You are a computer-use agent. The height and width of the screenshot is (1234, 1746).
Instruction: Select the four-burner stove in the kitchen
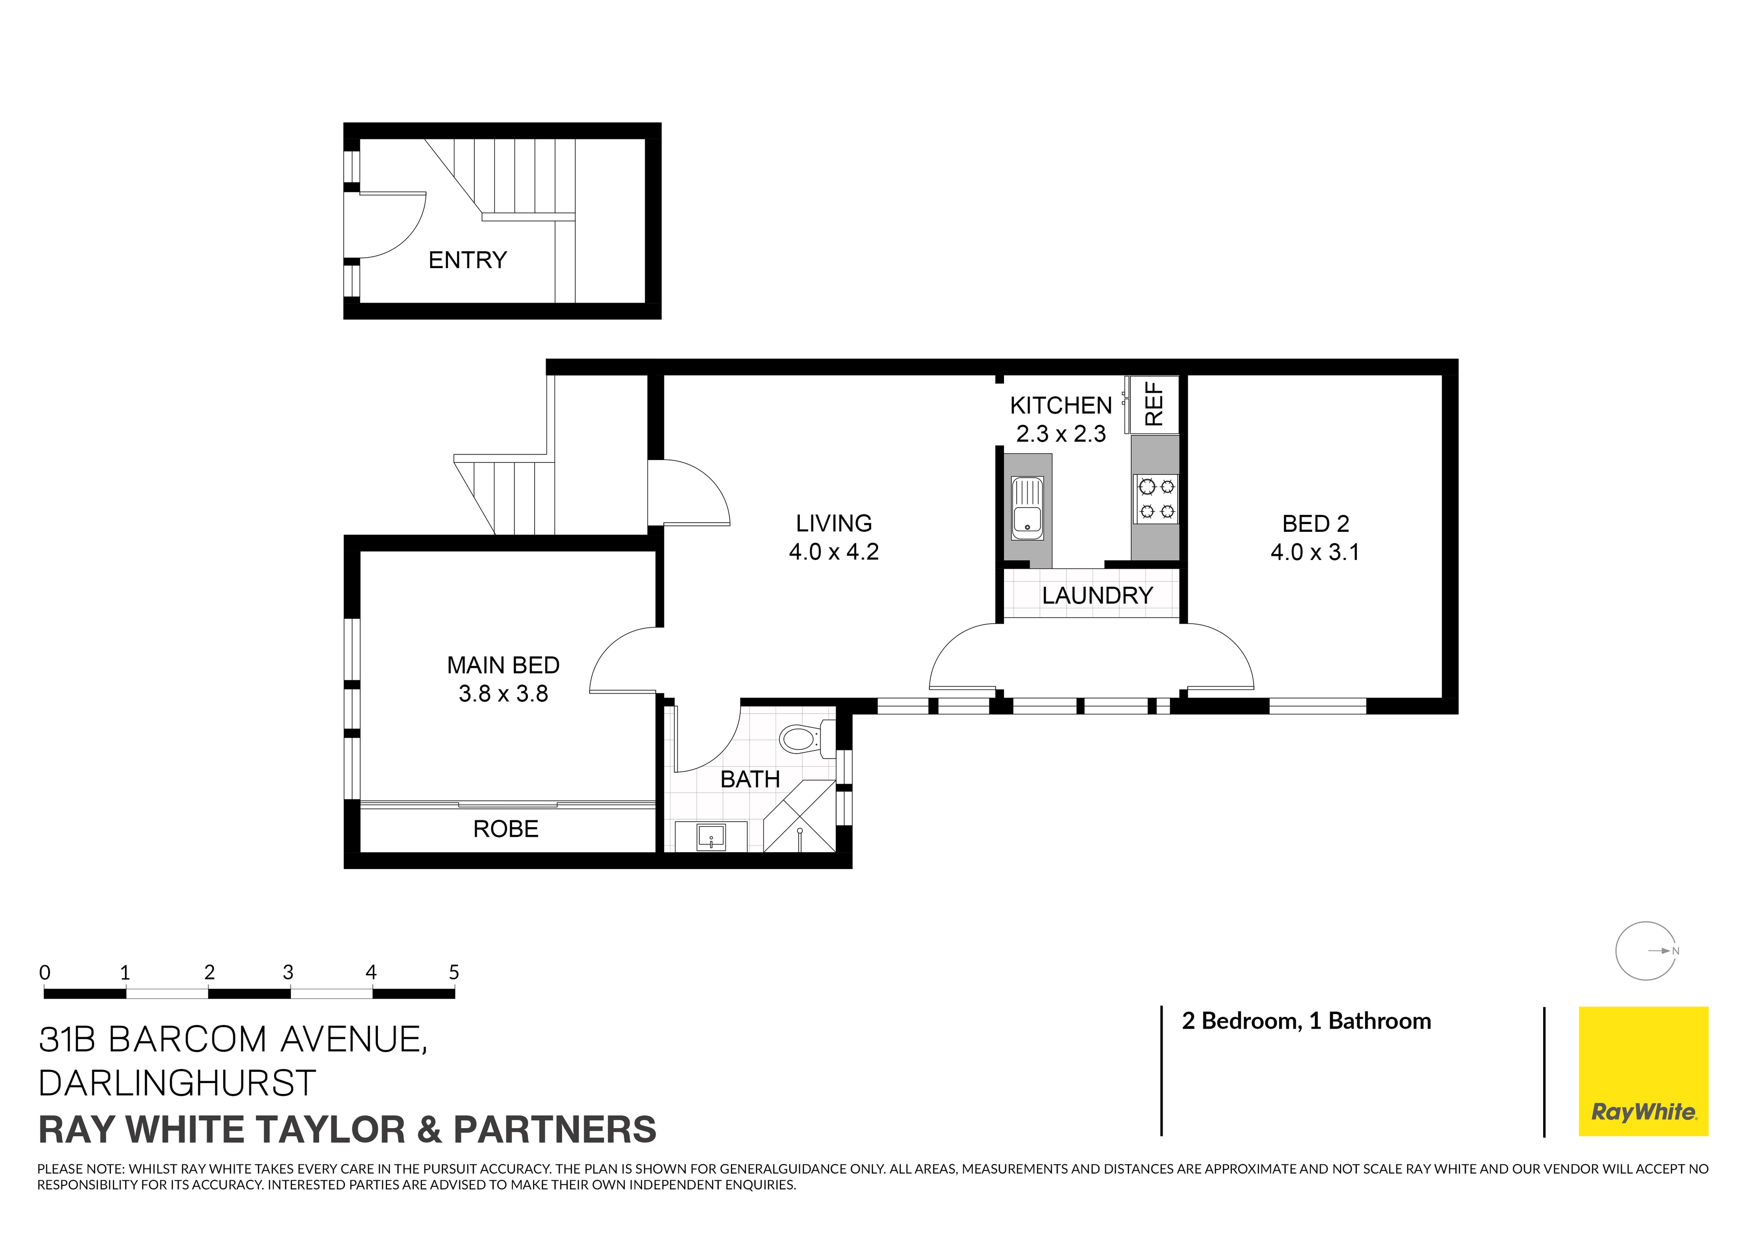[x=1155, y=499]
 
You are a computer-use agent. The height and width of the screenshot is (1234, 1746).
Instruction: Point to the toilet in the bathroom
[x=801, y=738]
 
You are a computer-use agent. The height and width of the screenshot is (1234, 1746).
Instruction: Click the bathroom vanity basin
[x=711, y=837]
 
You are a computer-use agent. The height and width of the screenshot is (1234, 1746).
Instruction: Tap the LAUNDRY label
[x=1097, y=595]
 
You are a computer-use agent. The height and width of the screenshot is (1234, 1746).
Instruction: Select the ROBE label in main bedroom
[x=505, y=829]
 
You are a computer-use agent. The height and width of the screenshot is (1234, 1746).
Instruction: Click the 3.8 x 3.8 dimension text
[x=503, y=694]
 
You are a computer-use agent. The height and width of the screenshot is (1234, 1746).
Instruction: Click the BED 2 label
[x=1315, y=524]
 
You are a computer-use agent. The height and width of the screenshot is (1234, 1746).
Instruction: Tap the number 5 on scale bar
[x=454, y=972]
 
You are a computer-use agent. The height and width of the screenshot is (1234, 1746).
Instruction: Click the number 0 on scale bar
[x=45, y=972]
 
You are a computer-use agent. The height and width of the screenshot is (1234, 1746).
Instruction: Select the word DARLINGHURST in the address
[x=176, y=1083]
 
